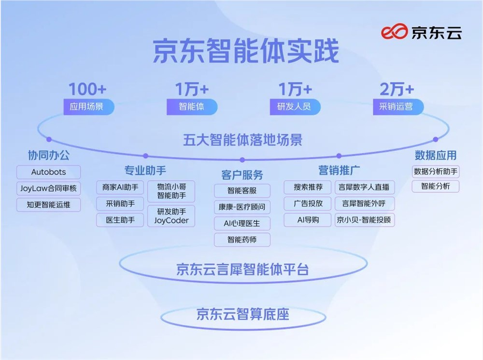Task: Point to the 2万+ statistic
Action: click(397, 89)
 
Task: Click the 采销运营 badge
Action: click(397, 106)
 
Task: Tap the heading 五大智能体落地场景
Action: click(243, 140)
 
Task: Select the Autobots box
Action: click(48, 172)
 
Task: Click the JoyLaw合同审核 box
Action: click(48, 188)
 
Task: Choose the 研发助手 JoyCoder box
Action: click(171, 216)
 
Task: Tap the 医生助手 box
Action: click(120, 220)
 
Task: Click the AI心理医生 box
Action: click(242, 223)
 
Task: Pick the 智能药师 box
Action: click(242, 239)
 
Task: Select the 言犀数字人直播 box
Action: click(365, 187)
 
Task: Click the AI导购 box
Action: click(308, 220)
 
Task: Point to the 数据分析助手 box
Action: click(436, 171)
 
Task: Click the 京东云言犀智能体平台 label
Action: click(242, 269)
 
